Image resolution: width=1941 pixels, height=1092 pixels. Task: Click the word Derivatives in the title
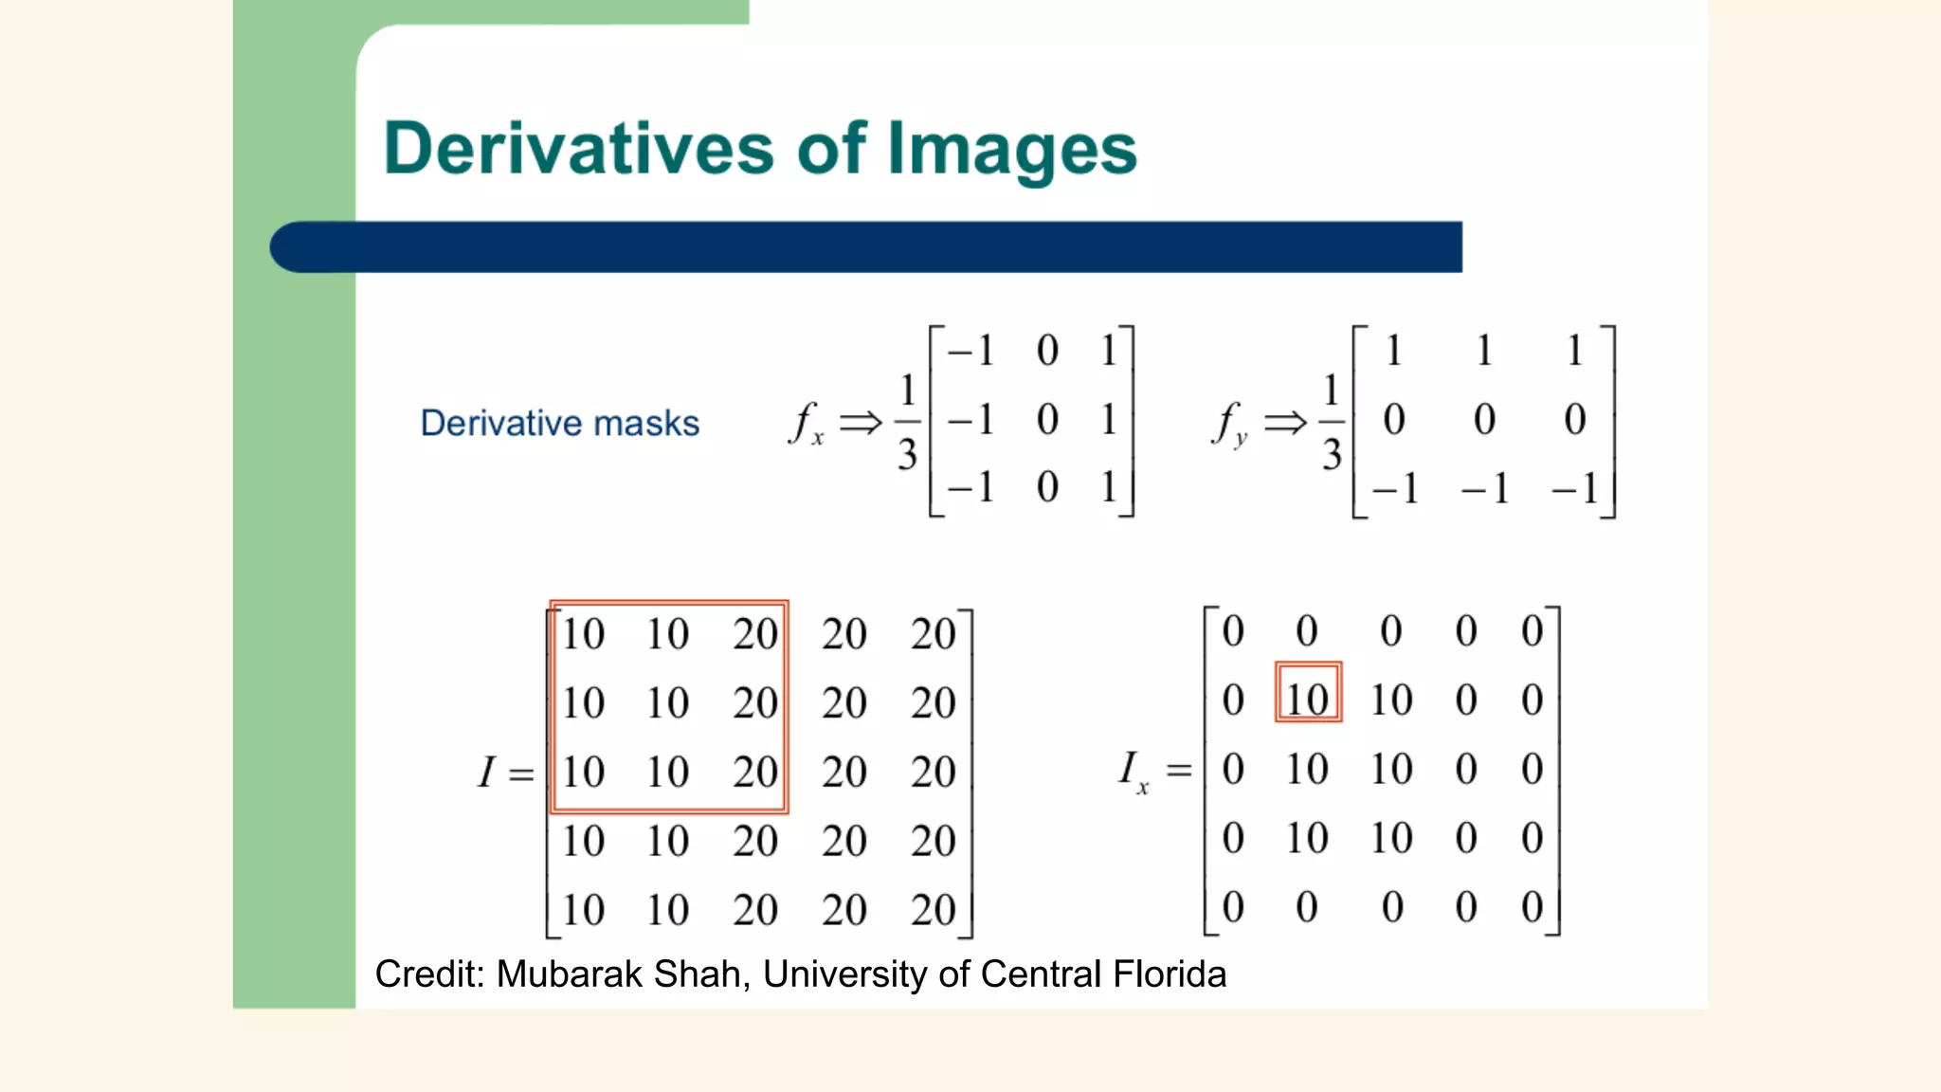(x=579, y=149)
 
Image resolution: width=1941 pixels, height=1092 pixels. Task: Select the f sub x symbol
(x=806, y=423)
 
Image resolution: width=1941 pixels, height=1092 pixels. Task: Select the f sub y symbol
(x=1229, y=423)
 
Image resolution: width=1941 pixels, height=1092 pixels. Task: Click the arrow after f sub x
(x=861, y=422)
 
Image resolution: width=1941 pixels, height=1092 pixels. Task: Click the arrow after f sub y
(x=1285, y=422)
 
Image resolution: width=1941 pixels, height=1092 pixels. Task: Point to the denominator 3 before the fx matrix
(x=907, y=455)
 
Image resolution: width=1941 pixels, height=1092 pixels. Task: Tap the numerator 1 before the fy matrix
(x=1332, y=390)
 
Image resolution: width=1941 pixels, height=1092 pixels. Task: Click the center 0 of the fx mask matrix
(x=1046, y=419)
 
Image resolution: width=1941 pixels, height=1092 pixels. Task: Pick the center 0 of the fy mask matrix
(x=1484, y=419)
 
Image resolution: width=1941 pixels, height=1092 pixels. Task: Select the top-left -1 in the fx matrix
(x=970, y=351)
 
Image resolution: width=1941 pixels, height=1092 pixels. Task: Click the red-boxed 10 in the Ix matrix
(x=1308, y=700)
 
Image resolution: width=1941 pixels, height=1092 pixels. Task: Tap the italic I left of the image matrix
(x=486, y=772)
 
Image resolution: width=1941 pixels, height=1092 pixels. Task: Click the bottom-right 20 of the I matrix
(x=933, y=910)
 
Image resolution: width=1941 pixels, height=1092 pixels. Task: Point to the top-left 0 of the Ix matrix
(x=1232, y=631)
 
